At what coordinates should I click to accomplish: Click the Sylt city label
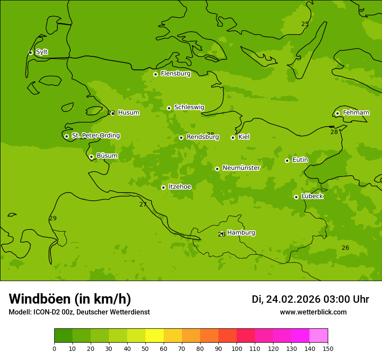[x=42, y=52]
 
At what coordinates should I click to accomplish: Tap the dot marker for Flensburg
[x=155, y=74]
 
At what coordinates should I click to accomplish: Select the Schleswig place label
[x=189, y=107]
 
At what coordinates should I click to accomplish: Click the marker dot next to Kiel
[x=233, y=137]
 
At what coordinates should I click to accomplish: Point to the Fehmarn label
[x=356, y=113]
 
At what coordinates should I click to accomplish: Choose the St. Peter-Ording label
[x=95, y=136]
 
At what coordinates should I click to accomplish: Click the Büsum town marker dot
[x=91, y=157]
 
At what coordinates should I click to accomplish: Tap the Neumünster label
[x=241, y=168]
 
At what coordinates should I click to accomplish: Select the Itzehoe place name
[x=180, y=187]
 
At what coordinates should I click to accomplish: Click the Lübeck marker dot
[x=296, y=197]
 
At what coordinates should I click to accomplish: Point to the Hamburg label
[x=241, y=233]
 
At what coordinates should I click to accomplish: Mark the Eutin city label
[x=300, y=160]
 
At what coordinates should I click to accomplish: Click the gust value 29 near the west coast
[x=53, y=218]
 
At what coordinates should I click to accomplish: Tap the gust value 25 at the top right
[x=305, y=24]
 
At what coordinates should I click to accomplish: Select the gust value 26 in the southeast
[x=345, y=248]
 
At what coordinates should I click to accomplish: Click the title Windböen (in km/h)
[x=70, y=299]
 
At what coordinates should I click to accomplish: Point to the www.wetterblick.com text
[x=313, y=312]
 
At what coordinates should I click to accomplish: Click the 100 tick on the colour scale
[x=237, y=348]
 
